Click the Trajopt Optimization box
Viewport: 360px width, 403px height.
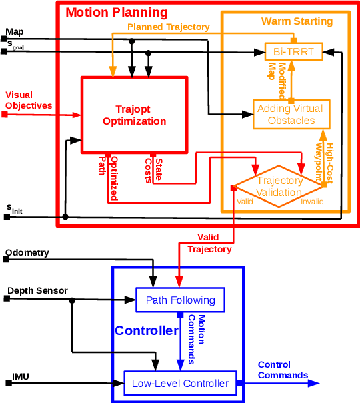(x=134, y=114)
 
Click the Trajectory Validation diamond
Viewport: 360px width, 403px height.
(x=279, y=186)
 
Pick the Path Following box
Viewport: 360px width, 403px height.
(x=180, y=300)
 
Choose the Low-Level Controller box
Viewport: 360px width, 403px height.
(x=180, y=383)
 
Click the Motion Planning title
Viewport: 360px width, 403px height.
(x=117, y=13)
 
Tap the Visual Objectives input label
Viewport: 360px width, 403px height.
(x=28, y=100)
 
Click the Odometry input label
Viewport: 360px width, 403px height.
(x=27, y=252)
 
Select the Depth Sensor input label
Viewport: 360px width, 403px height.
(x=37, y=290)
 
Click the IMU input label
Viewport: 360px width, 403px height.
(x=21, y=377)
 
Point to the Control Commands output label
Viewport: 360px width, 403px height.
(x=283, y=370)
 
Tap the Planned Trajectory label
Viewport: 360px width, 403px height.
(x=168, y=27)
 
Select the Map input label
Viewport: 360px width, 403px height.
(x=14, y=31)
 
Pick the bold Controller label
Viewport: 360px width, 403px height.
(x=147, y=331)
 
